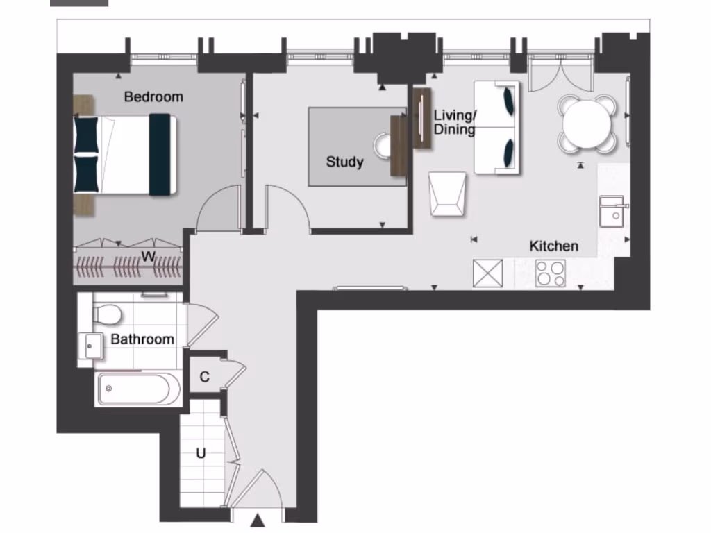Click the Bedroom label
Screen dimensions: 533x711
pyautogui.click(x=153, y=96)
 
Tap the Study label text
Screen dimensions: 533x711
pyautogui.click(x=344, y=162)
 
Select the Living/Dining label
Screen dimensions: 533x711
pyautogui.click(x=455, y=122)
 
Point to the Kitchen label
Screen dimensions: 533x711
pyautogui.click(x=553, y=246)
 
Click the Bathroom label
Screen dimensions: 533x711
pyautogui.click(x=142, y=339)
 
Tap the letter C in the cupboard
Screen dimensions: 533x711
pyautogui.click(x=204, y=377)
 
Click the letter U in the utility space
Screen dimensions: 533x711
pyautogui.click(x=201, y=454)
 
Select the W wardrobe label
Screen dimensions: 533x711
pyautogui.click(x=147, y=257)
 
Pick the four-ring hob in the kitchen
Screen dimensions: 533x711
pyautogui.click(x=551, y=273)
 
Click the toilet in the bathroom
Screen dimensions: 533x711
pyautogui.click(x=107, y=314)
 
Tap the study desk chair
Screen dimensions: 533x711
pyautogui.click(x=383, y=146)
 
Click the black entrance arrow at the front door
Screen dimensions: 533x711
pyautogui.click(x=258, y=519)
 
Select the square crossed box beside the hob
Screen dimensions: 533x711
pyautogui.click(x=487, y=273)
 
